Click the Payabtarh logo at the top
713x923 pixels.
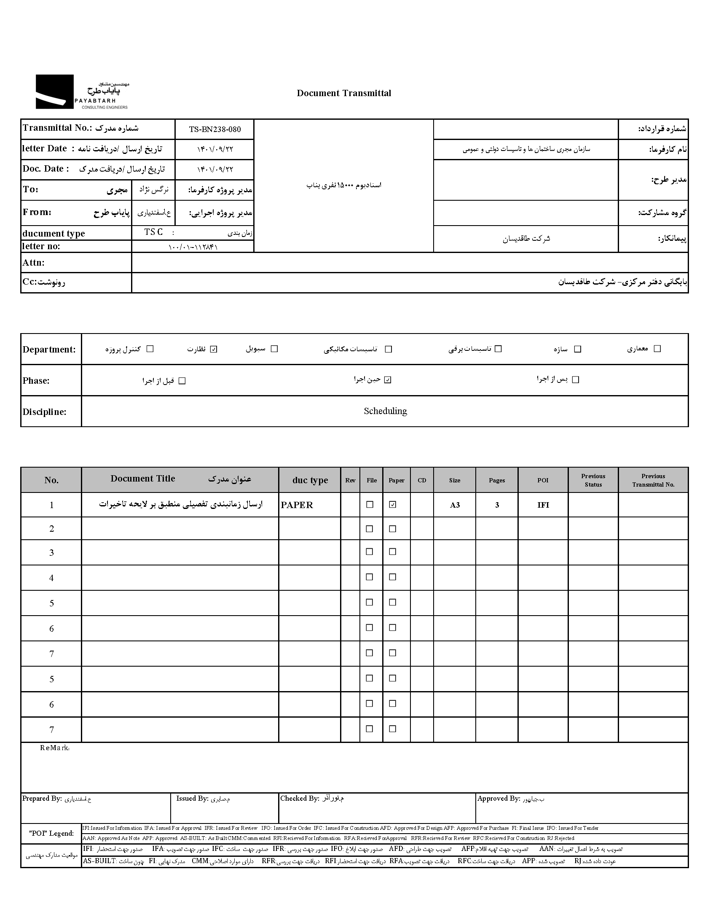click(x=82, y=92)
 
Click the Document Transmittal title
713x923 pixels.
click(x=344, y=94)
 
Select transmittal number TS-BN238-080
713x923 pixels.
click(x=214, y=129)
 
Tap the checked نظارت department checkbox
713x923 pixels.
click(x=214, y=349)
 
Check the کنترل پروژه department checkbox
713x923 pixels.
click(x=150, y=349)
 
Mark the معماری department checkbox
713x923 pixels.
click(x=657, y=349)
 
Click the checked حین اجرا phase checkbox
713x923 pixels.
click(x=388, y=379)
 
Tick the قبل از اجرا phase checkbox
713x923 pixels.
click(x=182, y=381)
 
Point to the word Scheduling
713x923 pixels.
click(x=385, y=411)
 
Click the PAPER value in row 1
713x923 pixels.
click(x=297, y=505)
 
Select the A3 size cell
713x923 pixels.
click(x=455, y=505)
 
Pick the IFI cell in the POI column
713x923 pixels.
click(x=543, y=505)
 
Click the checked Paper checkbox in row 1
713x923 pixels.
click(x=393, y=505)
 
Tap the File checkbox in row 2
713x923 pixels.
click(x=370, y=529)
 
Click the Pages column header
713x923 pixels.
click(x=497, y=481)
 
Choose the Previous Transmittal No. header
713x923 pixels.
click(x=653, y=481)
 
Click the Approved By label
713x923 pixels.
click(x=499, y=799)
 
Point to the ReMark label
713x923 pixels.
click(x=54, y=748)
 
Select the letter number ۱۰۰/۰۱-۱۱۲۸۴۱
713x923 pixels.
click(x=193, y=247)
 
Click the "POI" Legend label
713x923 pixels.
click(x=51, y=834)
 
